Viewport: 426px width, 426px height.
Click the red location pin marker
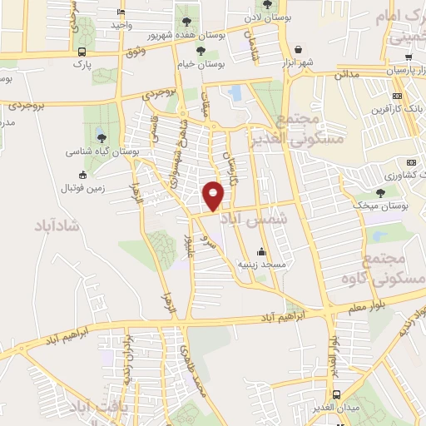tap(215, 196)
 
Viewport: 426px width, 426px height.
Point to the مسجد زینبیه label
tap(263, 264)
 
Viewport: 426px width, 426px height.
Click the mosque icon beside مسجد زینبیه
tap(262, 252)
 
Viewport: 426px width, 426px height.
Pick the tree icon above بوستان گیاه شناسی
tap(102, 138)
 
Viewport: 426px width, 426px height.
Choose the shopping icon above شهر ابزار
tap(297, 47)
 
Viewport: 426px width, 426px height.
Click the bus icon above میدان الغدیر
tap(336, 394)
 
